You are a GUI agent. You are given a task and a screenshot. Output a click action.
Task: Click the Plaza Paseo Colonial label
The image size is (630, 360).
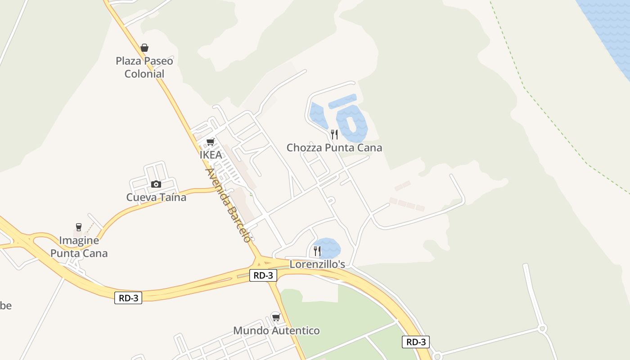coord(144,67)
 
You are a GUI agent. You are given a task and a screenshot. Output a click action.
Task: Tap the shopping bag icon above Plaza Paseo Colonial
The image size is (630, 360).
coord(144,48)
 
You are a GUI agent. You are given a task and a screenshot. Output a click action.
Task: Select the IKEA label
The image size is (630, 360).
coord(211,155)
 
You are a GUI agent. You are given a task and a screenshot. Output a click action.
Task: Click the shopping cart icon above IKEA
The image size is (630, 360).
coord(210,142)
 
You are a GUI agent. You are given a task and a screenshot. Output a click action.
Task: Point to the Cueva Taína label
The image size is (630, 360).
coord(156,197)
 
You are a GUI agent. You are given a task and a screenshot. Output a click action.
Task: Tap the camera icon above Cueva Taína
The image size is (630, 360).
coord(156,184)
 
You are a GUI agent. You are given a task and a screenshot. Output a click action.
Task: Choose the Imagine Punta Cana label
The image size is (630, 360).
coord(79,247)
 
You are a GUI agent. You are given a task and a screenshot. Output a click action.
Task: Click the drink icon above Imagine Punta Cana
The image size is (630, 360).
coord(79,227)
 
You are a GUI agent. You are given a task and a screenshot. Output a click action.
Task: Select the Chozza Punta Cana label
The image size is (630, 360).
coord(334,148)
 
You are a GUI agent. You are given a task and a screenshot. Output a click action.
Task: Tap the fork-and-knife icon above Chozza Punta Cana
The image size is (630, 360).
coord(334,134)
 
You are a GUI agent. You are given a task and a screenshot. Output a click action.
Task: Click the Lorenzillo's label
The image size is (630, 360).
coord(317,264)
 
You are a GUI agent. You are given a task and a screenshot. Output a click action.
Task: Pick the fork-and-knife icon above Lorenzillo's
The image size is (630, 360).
coord(317,251)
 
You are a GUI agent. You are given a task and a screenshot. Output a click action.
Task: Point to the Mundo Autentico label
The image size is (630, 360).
coord(276,331)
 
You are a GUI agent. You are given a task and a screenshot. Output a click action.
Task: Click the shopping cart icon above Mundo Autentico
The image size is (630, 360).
coord(276,317)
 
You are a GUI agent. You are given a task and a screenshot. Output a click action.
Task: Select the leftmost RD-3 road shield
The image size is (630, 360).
coord(128,298)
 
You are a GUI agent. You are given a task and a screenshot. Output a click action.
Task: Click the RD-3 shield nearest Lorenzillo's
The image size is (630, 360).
coord(263,275)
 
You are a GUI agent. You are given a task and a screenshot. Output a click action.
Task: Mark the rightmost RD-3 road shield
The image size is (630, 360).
coord(416,342)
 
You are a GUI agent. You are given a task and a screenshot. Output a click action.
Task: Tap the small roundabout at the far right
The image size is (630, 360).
coord(542,329)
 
